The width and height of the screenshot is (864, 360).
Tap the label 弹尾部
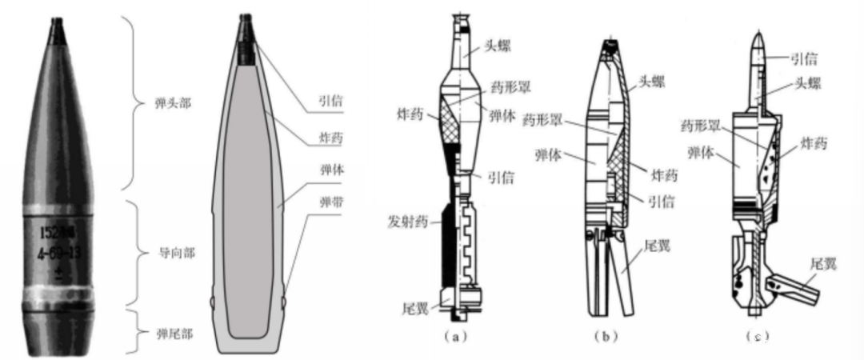167,330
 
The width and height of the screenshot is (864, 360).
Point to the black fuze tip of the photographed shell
59,30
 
